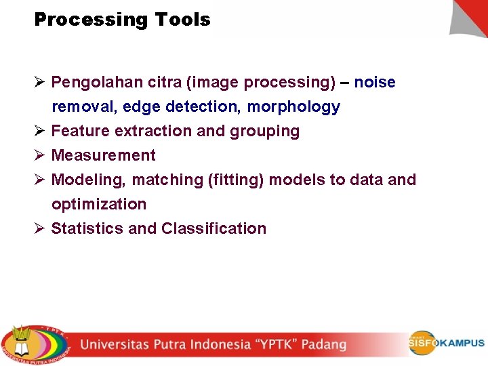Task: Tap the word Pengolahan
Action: pos(94,83)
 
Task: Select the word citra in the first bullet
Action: pos(163,83)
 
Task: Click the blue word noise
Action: pos(375,83)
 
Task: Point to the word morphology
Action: pos(293,107)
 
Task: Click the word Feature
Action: pos(81,131)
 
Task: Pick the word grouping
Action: pos(265,131)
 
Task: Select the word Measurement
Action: pos(104,155)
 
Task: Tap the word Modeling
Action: pos(88,180)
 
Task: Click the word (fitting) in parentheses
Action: pos(237,180)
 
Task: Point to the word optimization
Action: pos(99,204)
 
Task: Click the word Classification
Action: pos(213,228)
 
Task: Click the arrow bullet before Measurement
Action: pos(39,155)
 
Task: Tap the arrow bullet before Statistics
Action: pos(39,228)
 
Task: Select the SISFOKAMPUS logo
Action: pos(447,343)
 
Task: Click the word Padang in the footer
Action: pos(323,344)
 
